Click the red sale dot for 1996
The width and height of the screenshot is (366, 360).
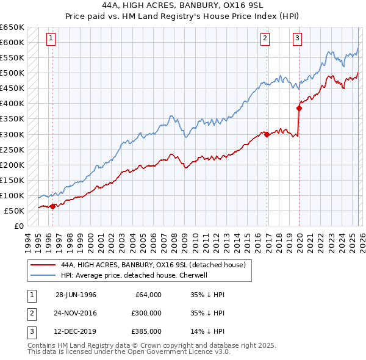coord(54,206)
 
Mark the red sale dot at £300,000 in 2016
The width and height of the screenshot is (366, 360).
coord(267,134)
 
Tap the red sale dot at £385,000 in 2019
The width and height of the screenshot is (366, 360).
coord(299,108)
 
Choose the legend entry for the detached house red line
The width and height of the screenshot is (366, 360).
coord(152,265)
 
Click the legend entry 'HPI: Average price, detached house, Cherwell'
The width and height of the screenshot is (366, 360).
coord(134,275)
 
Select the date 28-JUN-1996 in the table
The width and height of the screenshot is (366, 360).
coord(76,295)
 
